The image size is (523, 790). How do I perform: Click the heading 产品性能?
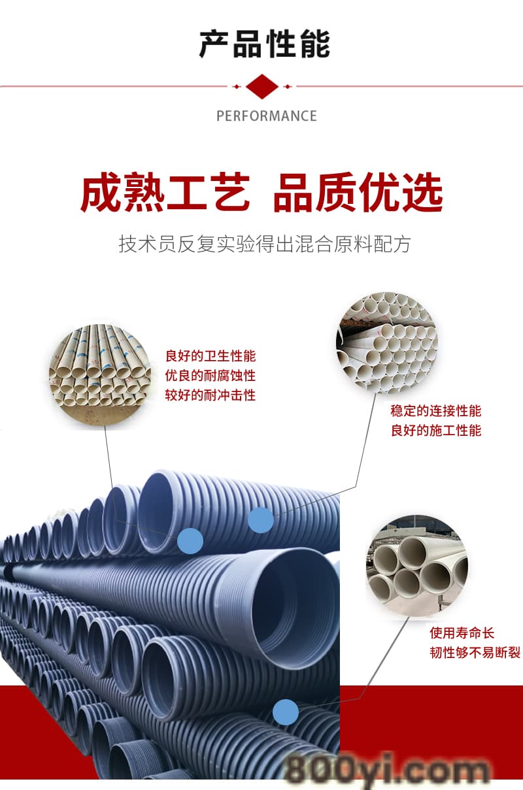(x=265, y=44)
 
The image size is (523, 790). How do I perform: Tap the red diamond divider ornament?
(x=262, y=86)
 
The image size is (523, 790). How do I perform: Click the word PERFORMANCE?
(x=267, y=116)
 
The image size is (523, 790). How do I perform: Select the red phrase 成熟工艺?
(x=165, y=192)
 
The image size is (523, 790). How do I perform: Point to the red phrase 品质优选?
(x=358, y=192)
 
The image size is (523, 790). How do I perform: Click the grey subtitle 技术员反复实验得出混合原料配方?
(x=265, y=244)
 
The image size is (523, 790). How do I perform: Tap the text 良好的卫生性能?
(x=211, y=356)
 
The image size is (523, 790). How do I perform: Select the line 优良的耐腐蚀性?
(x=211, y=376)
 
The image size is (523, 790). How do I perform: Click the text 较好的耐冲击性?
(x=211, y=395)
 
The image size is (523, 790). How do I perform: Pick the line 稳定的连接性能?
(x=436, y=411)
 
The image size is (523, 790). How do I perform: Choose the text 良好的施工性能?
(x=436, y=431)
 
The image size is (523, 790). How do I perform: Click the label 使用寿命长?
(x=462, y=633)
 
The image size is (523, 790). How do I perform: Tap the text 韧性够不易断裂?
(x=475, y=653)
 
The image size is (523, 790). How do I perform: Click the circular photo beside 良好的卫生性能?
(x=100, y=375)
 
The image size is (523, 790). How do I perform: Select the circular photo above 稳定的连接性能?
(x=387, y=343)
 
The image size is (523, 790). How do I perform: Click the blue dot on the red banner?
(x=286, y=712)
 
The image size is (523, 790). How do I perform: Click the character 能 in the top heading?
(x=315, y=44)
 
